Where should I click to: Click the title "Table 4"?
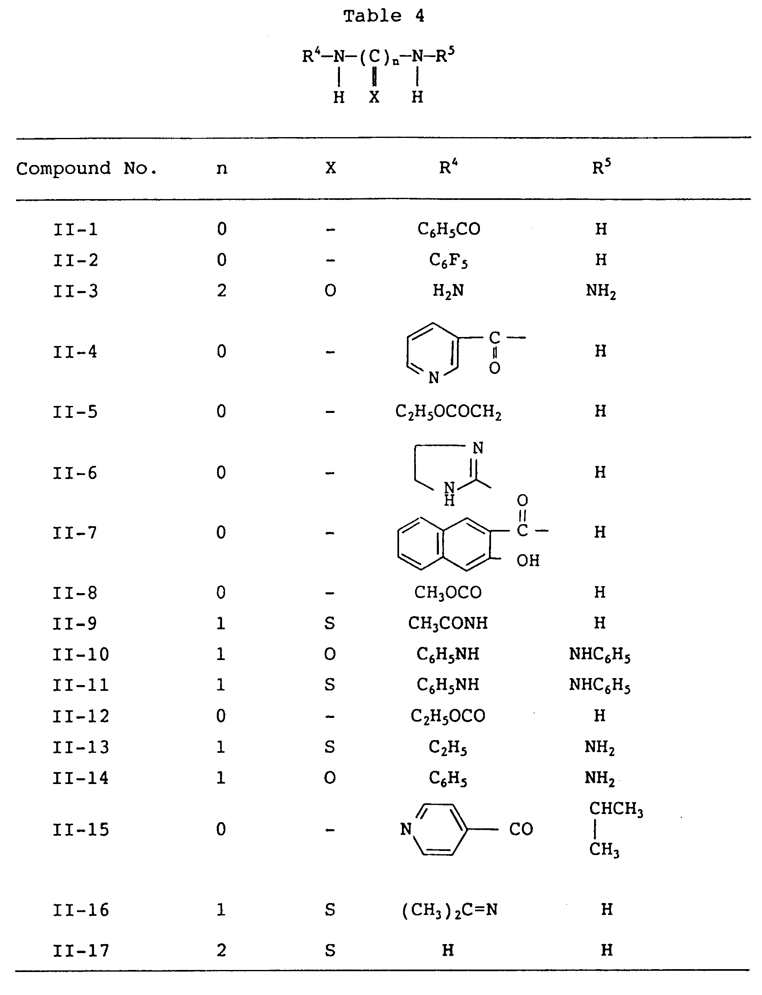pyautogui.click(x=383, y=16)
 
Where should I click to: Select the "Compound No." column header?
pyautogui.click(x=86, y=169)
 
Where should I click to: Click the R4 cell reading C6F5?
pyautogui.click(x=448, y=260)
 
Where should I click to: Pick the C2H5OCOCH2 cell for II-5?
pyautogui.click(x=448, y=412)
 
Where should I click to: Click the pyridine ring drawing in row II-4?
pyautogui.click(x=432, y=351)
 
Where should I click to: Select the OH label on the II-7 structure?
pyautogui.click(x=528, y=561)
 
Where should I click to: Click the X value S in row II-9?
pyautogui.click(x=330, y=624)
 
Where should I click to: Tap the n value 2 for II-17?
pyautogui.click(x=221, y=950)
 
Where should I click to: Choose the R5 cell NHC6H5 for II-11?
pyautogui.click(x=599, y=685)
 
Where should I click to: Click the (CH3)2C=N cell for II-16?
pyautogui.click(x=449, y=910)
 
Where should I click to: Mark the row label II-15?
pyautogui.click(x=81, y=830)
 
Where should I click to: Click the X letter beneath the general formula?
pyautogui.click(x=374, y=96)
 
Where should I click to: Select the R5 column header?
pyautogui.click(x=601, y=168)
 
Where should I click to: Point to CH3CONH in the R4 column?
pyautogui.click(x=448, y=624)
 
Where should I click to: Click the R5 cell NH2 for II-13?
pyautogui.click(x=599, y=747)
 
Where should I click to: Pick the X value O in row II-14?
pyautogui.click(x=330, y=778)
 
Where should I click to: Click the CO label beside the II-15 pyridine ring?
pyautogui.click(x=521, y=830)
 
